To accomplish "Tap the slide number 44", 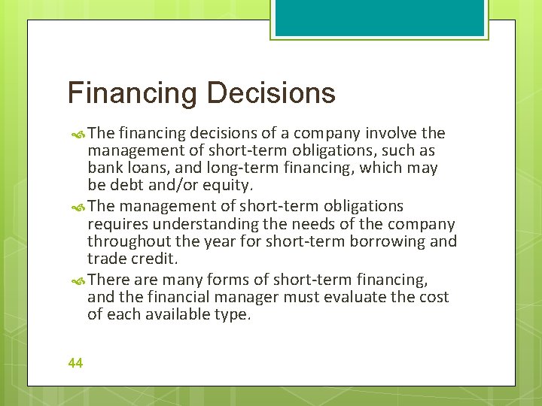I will pyautogui.click(x=75, y=363).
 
